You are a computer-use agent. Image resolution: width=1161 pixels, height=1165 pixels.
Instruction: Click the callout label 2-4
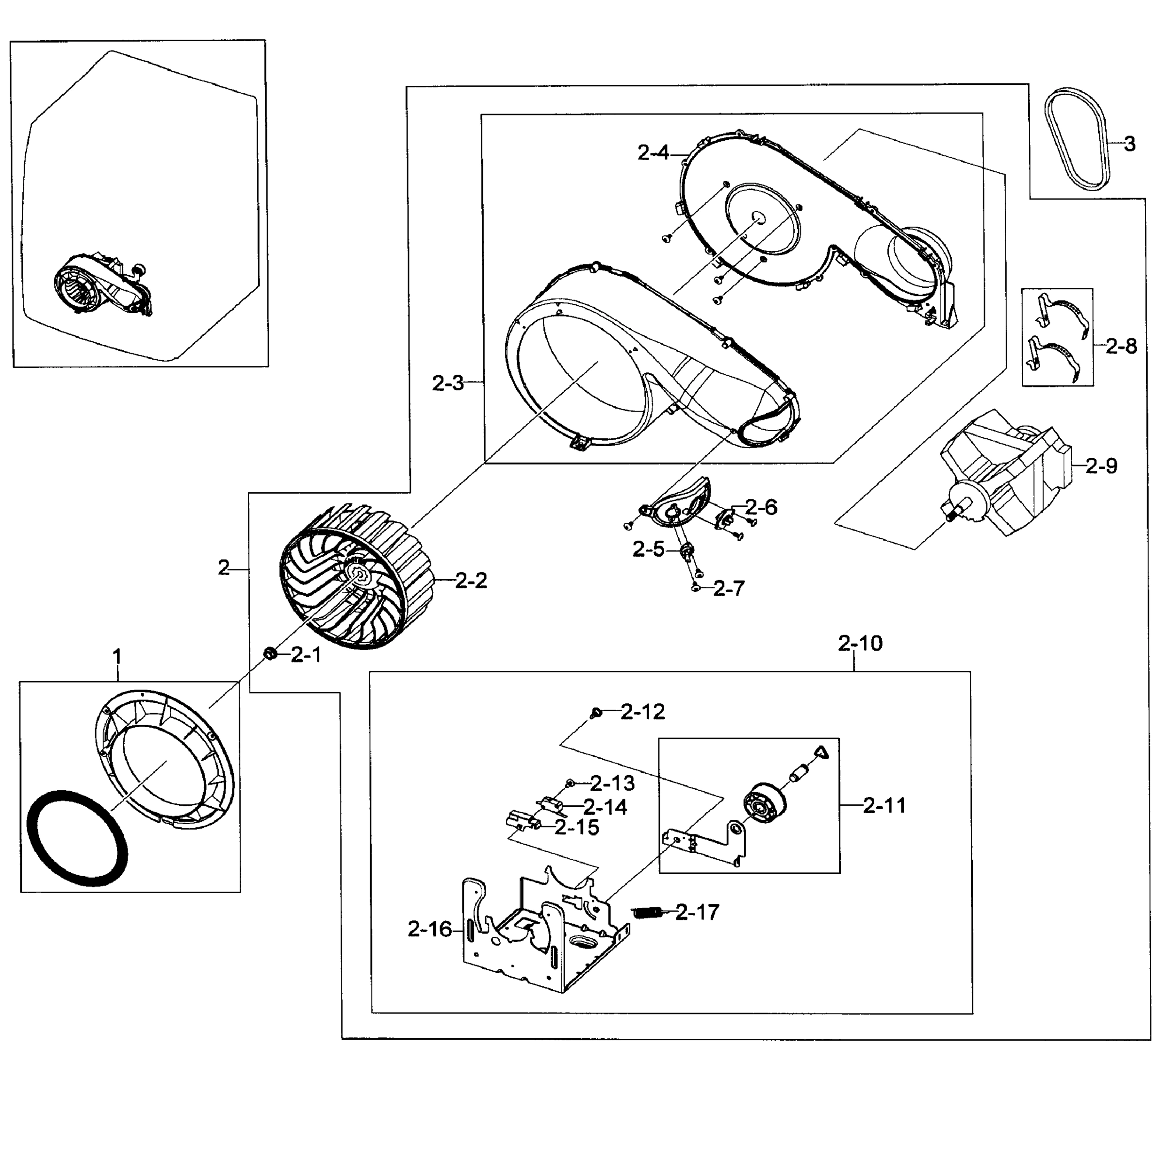653,153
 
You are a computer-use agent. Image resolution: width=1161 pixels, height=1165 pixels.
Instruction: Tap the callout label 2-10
860,643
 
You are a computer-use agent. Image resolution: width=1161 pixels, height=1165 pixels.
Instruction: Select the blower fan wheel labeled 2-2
355,577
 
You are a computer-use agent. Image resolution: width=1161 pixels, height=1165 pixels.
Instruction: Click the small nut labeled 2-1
271,653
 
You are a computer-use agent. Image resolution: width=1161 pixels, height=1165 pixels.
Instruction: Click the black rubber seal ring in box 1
79,838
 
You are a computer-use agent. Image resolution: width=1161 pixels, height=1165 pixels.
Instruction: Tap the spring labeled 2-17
646,913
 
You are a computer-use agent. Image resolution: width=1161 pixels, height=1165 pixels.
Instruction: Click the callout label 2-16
429,929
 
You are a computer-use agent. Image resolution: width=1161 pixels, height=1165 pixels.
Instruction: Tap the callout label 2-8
1121,346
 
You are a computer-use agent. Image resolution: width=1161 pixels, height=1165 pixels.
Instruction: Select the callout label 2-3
448,383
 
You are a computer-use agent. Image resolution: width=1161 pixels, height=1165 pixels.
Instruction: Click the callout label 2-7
728,588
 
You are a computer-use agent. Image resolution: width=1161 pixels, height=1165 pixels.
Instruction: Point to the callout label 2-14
605,807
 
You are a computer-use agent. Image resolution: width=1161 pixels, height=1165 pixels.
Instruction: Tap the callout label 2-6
761,507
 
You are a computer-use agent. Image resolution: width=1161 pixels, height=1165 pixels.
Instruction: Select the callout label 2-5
648,549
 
